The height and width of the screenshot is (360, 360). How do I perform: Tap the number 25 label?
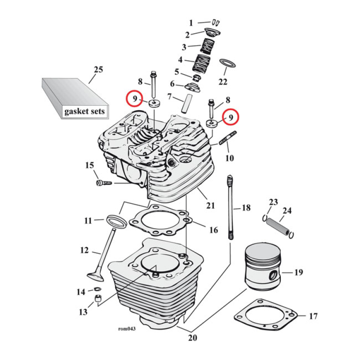pyautogui.click(x=98, y=70)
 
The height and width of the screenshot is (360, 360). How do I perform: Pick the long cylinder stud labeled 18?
pyautogui.click(x=231, y=207)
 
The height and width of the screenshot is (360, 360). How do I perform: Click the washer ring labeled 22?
pyautogui.click(x=227, y=62)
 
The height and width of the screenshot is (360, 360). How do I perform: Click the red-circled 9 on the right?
pyautogui.click(x=230, y=117)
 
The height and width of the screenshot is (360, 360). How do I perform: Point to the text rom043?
pyautogui.click(x=126, y=328)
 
